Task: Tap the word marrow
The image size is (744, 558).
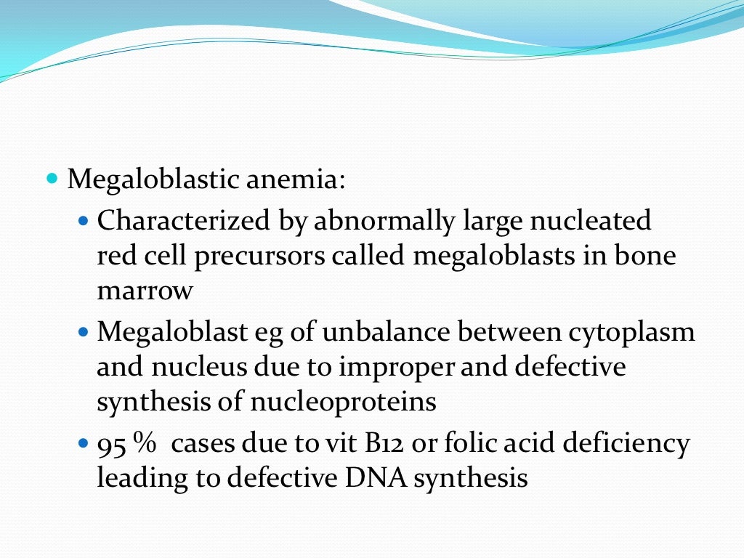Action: pos(145,291)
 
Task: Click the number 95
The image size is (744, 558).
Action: pos(110,443)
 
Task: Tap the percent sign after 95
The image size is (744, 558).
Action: pos(141,443)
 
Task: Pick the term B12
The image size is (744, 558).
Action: pos(378,443)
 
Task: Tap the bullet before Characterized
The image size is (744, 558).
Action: pos(82,219)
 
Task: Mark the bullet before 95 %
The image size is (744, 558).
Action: pos(82,442)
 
